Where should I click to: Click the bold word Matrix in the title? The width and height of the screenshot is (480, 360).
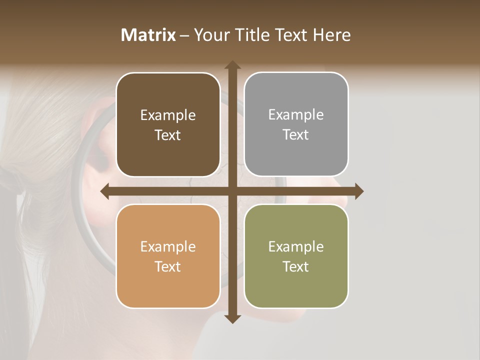(x=148, y=35)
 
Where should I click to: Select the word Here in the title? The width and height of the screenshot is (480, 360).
(x=332, y=35)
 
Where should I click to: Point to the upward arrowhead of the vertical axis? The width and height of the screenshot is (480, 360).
(x=232, y=65)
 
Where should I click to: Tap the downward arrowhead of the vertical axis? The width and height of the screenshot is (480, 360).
(x=232, y=318)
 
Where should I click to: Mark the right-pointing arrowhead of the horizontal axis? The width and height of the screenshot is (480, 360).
(x=358, y=191)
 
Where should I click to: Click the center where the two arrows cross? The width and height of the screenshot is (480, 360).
(x=232, y=191)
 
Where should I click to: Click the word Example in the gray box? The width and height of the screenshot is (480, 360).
(x=296, y=114)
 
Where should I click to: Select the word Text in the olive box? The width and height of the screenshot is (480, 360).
(x=296, y=266)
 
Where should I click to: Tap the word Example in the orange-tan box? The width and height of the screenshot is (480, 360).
(x=168, y=246)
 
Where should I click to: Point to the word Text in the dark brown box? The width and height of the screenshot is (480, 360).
(x=168, y=135)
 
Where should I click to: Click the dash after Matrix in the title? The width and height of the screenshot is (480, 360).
(x=184, y=35)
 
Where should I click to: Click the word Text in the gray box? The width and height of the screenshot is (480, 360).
(x=296, y=134)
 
